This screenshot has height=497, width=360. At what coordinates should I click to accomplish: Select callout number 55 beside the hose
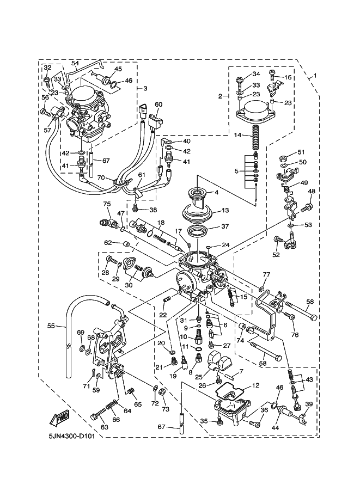(51, 326)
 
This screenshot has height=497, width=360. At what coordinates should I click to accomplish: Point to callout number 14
(237, 134)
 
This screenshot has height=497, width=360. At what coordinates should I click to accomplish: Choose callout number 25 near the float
(198, 376)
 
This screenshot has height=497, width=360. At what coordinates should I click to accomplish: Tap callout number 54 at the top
(76, 63)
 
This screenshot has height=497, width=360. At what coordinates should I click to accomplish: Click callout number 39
(308, 403)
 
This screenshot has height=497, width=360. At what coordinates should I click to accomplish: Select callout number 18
(161, 223)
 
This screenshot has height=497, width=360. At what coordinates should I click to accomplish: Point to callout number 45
(118, 69)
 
